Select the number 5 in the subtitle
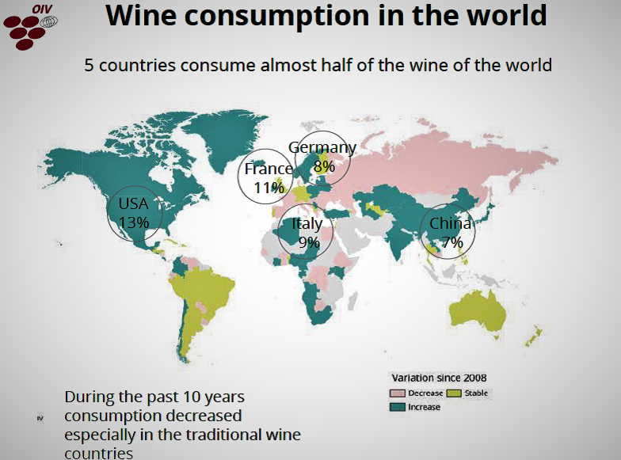click(90, 65)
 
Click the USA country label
click(133, 203)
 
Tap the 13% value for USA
click(133, 222)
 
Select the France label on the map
click(269, 169)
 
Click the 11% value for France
click(269, 188)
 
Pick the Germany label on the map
click(322, 148)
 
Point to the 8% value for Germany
click(323, 166)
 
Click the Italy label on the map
click(307, 224)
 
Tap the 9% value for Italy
click(308, 242)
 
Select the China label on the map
click(450, 224)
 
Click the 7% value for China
click(451, 243)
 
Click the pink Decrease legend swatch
click(397, 393)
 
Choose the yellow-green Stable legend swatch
click(455, 393)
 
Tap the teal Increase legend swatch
click(397, 407)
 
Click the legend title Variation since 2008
click(439, 377)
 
